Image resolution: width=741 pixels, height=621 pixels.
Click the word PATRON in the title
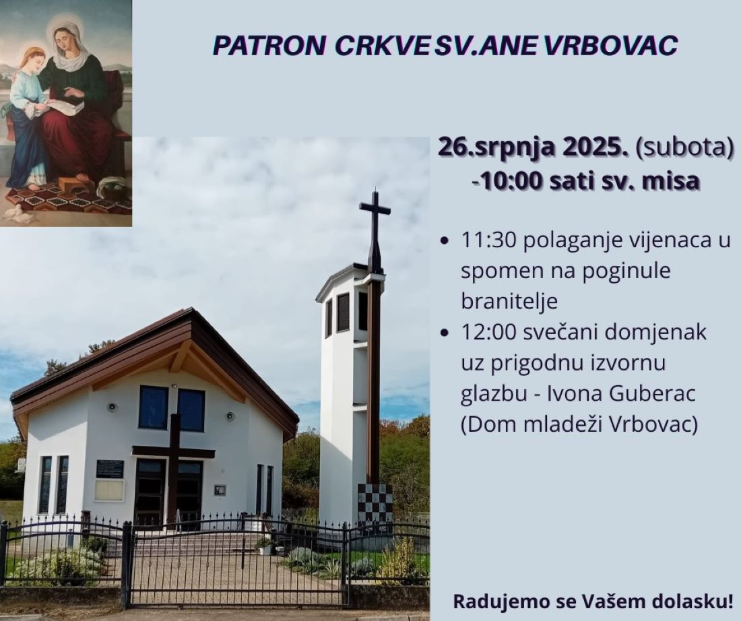[x=268, y=45]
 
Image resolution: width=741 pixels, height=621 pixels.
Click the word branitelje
[x=509, y=301]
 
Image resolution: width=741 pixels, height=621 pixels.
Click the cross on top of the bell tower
[x=375, y=218]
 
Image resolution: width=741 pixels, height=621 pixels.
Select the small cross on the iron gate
[x=243, y=552]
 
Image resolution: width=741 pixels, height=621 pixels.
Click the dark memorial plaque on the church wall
[x=110, y=469]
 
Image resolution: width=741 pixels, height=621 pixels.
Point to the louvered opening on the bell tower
[x=343, y=312]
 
